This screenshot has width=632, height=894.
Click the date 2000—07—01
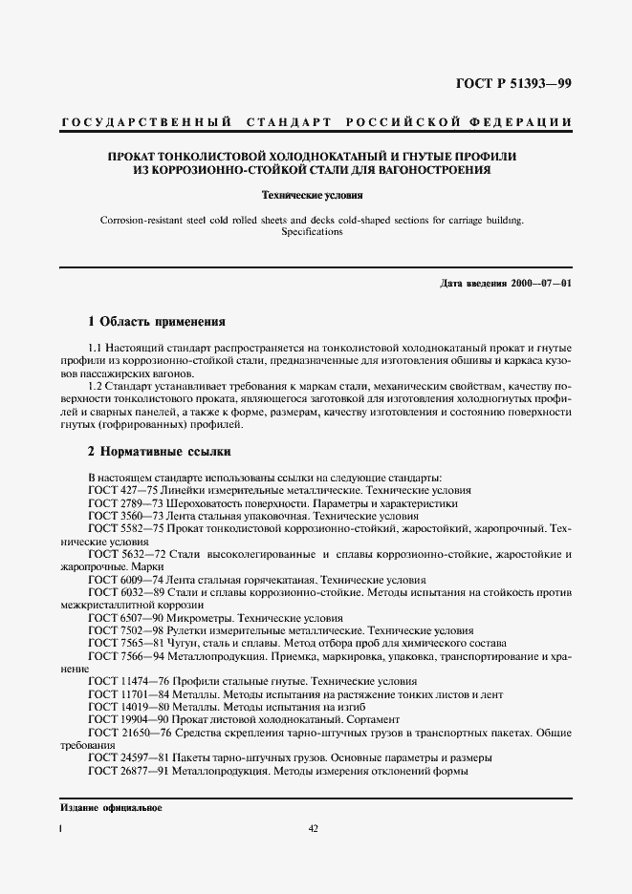point(539,284)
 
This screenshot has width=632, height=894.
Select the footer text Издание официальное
point(111,808)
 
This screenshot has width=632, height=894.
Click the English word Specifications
point(316,232)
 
